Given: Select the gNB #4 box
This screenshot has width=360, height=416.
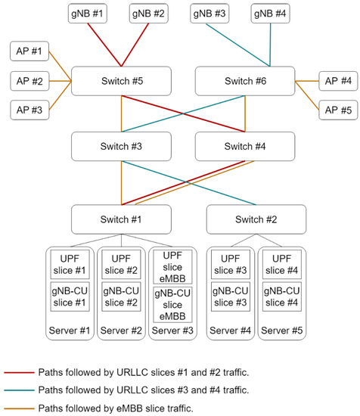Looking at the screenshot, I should (269, 13).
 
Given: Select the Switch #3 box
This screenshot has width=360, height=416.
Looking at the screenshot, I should (122, 146).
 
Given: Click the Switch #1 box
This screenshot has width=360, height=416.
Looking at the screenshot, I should (122, 219).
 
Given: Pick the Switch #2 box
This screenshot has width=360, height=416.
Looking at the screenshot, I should (256, 219).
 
